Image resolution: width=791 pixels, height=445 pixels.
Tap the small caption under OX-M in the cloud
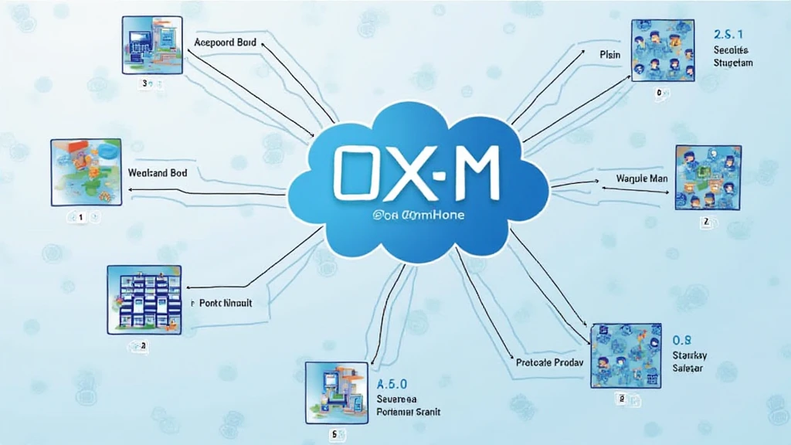pyautogui.click(x=418, y=216)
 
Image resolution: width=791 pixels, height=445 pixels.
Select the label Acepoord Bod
pyautogui.click(x=225, y=43)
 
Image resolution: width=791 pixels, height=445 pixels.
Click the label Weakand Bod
pyautogui.click(x=158, y=173)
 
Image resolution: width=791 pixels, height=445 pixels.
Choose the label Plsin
pyautogui.click(x=610, y=55)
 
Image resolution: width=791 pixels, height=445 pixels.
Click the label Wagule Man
pyautogui.click(x=642, y=179)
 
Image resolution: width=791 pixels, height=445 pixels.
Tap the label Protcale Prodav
pyautogui.click(x=548, y=362)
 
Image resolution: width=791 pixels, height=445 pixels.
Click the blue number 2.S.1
pyautogui.click(x=730, y=35)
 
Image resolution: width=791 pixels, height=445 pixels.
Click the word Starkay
pyautogui.click(x=690, y=355)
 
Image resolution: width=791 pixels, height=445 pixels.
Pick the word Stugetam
pyautogui.click(x=733, y=63)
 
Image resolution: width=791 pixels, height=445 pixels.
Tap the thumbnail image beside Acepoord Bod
pyautogui.click(x=151, y=46)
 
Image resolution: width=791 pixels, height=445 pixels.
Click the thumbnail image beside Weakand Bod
pyautogui.click(x=86, y=172)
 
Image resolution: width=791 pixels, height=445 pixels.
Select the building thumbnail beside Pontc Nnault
pyautogui.click(x=144, y=299)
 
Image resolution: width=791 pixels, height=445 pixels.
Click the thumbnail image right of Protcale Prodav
pyautogui.click(x=626, y=355)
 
